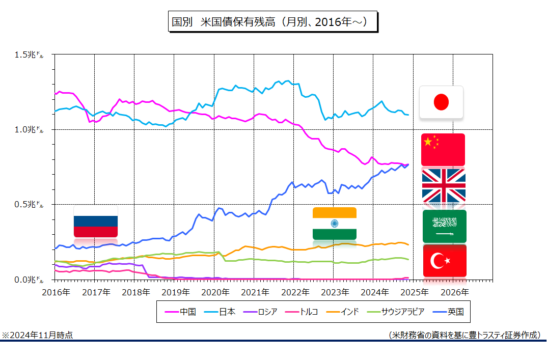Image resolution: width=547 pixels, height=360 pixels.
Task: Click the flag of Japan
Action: [441, 102]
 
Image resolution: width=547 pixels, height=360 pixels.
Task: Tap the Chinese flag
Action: [443, 150]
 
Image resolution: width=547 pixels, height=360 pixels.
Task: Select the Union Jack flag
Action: [444, 185]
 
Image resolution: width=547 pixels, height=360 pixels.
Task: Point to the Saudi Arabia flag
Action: [444, 226]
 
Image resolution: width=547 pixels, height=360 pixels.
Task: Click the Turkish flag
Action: [445, 261]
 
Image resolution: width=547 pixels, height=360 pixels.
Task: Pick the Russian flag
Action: [96, 221]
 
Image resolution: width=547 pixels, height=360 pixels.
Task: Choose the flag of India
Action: [335, 223]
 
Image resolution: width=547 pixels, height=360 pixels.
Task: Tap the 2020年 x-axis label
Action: [214, 292]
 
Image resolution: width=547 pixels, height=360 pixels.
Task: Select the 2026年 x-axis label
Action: [454, 292]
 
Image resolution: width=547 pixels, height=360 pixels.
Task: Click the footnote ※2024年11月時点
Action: [37, 335]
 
